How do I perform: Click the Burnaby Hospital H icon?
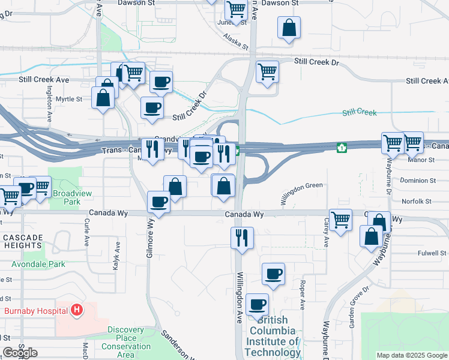(76, 310)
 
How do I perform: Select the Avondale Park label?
(40, 264)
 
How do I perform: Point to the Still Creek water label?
(359, 112)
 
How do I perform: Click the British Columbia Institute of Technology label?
(273, 336)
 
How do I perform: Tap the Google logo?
(20, 353)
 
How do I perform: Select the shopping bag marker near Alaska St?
(289, 28)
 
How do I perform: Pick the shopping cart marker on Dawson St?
(237, 10)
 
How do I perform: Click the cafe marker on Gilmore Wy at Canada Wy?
(159, 202)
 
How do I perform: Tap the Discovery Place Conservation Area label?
(126, 342)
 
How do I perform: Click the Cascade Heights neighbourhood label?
(23, 242)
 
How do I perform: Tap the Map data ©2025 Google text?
(411, 355)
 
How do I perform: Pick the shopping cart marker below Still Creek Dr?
(267, 72)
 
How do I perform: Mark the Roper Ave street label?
(303, 295)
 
